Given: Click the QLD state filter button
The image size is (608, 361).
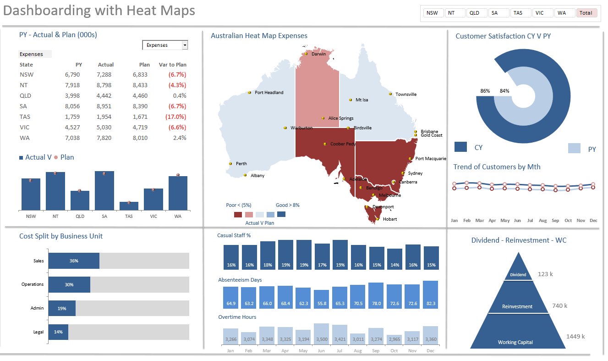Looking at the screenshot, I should click(477, 13).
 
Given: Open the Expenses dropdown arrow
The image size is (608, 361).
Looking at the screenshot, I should click(185, 45).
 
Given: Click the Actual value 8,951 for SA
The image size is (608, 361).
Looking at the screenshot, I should click(104, 106).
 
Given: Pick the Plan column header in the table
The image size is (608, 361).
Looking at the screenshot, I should click(145, 65).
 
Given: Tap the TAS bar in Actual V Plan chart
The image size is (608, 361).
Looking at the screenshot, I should click(129, 206).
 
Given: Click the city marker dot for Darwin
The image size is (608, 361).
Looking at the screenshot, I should click(306, 54).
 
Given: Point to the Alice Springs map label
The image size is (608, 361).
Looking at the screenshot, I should click(341, 118).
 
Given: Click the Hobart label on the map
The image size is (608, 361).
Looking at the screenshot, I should click(390, 219).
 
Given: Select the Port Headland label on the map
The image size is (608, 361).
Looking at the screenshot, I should click(269, 93).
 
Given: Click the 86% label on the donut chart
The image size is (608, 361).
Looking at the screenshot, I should click(485, 91).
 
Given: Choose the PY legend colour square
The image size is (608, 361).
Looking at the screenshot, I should click(574, 148).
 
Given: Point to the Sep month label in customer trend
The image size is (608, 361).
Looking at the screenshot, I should click(555, 221).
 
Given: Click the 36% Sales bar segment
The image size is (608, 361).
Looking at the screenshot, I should click(74, 261).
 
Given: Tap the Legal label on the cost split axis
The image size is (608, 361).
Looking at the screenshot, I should click(38, 332).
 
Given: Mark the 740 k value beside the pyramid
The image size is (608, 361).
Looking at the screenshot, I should click(559, 306).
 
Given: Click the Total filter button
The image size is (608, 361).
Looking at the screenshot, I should click(586, 13).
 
